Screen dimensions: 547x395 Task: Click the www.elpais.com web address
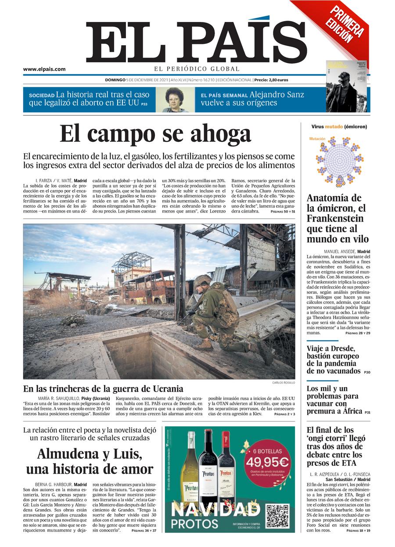click(x=44, y=69)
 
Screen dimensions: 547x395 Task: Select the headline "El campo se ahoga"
click(x=155, y=133)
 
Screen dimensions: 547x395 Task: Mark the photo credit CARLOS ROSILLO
click(x=284, y=382)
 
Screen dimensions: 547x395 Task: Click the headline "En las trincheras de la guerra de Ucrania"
click(x=103, y=389)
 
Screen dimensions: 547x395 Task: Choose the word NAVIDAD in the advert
click(x=215, y=510)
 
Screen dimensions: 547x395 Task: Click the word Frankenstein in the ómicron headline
click(x=335, y=218)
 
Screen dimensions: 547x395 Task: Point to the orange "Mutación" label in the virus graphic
click(x=317, y=139)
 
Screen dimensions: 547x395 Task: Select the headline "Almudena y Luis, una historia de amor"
click(x=90, y=461)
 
